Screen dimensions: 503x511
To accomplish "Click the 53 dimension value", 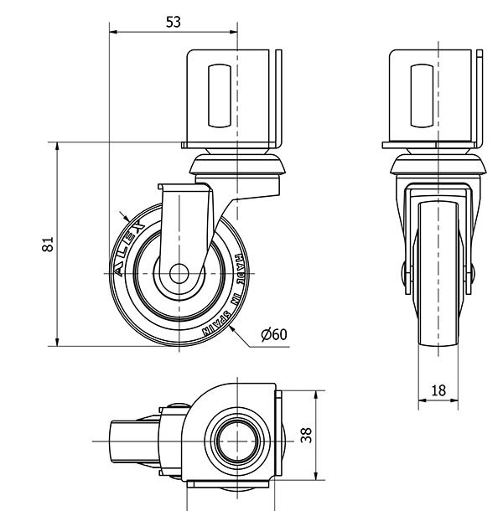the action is pos(174,22).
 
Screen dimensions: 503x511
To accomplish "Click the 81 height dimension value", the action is pos(48,244).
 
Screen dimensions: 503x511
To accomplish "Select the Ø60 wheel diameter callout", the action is pos(274,334).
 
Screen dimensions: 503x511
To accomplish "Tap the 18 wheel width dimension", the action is pos(438,390).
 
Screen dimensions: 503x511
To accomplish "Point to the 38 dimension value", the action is pos(306,435).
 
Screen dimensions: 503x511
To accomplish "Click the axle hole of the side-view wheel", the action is pos(179,274).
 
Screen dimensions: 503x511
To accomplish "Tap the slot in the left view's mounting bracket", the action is pos(220,95).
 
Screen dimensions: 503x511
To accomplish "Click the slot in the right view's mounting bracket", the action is pos(423,95).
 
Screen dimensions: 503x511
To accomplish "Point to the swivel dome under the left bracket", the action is pos(237,164).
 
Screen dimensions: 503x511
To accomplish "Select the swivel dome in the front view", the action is pos(438,164).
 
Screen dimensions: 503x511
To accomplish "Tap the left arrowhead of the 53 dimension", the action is pos(113,32).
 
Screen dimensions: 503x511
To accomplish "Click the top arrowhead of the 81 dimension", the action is pos(57,147).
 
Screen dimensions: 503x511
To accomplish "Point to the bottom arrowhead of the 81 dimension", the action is pos(57,342).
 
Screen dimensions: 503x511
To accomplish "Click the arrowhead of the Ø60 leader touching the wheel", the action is pos(232,329).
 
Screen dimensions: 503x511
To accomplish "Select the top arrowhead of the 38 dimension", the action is pos(315,395).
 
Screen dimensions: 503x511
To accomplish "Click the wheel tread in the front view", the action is pos(438,274).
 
